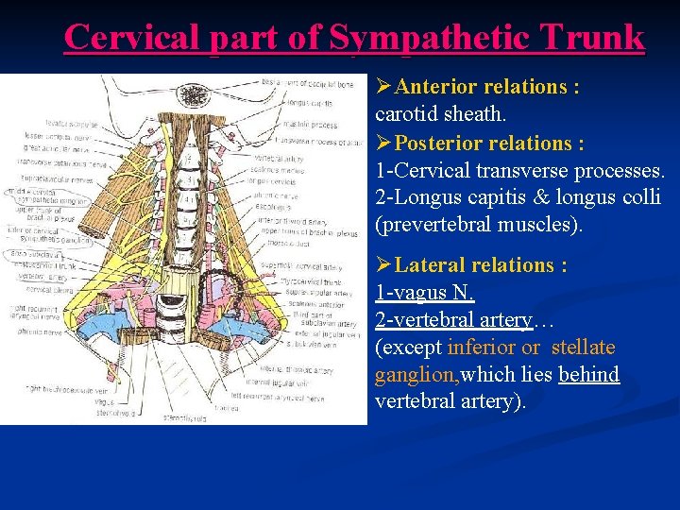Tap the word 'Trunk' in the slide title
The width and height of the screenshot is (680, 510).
(x=595, y=37)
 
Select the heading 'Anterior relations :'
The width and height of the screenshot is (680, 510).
(x=487, y=87)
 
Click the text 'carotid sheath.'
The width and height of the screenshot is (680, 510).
(x=441, y=114)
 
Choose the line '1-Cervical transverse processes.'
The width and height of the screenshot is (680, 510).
(x=520, y=171)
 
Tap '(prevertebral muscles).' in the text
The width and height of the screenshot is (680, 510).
(x=480, y=226)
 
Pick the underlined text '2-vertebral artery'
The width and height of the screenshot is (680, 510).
(x=453, y=320)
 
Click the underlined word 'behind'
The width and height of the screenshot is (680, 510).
(x=588, y=375)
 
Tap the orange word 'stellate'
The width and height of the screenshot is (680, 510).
(x=583, y=348)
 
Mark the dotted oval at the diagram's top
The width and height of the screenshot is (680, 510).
(x=195, y=95)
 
